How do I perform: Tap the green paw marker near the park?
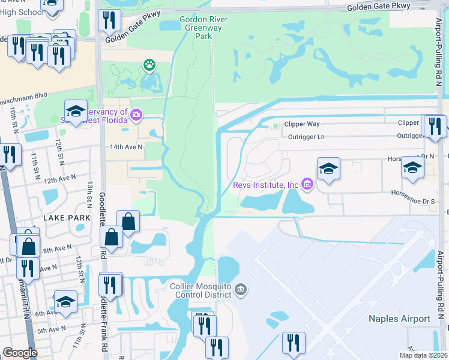tap(148, 64)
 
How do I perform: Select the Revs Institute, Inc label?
tap(266, 184)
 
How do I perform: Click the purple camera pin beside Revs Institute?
tap(307, 184)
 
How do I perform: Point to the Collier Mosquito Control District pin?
tap(241, 290)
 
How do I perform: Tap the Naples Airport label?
tap(399, 319)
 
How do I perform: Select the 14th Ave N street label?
tap(126, 146)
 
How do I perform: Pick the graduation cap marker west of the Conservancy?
tap(76, 111)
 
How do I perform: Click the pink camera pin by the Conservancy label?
tap(136, 114)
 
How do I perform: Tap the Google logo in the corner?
tap(20, 353)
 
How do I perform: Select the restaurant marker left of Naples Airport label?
tap(294, 343)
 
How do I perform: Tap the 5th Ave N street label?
tap(52, 329)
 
